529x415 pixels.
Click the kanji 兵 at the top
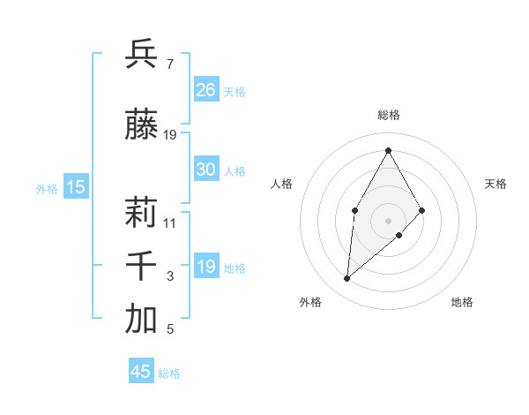[x=141, y=54]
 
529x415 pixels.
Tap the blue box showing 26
[x=206, y=90]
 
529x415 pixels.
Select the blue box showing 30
[x=206, y=170]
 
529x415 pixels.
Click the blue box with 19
[x=206, y=268]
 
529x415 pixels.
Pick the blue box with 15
[x=76, y=186]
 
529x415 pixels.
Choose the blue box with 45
[x=141, y=372]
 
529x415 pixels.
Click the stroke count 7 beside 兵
[x=169, y=64]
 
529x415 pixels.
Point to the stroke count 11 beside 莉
[x=170, y=223]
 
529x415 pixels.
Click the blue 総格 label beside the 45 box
[x=169, y=373]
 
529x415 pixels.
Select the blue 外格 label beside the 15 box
[x=47, y=188]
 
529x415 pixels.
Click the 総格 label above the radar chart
[x=388, y=115]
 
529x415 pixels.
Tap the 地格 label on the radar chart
[x=462, y=302]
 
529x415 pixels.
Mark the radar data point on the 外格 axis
[x=346, y=279]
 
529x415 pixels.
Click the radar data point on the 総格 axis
[x=388, y=151]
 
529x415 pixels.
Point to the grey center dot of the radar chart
[x=388, y=220]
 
